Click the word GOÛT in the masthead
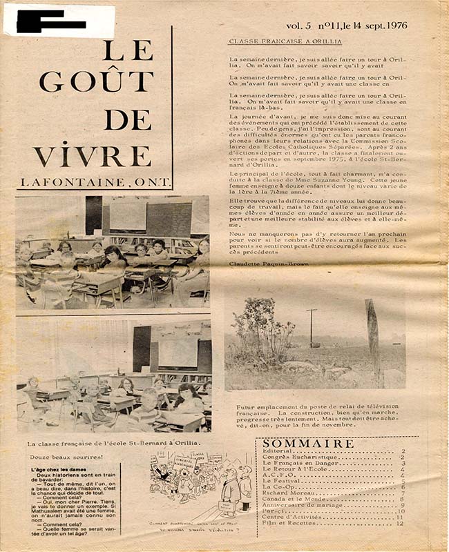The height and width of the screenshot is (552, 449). pos(96,81)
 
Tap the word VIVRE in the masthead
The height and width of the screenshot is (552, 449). pos(92,154)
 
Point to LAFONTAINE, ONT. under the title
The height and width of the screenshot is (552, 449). pos(90,183)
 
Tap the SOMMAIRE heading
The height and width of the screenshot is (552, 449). pos(309,443)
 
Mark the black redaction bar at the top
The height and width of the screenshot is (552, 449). pos(50,21)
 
